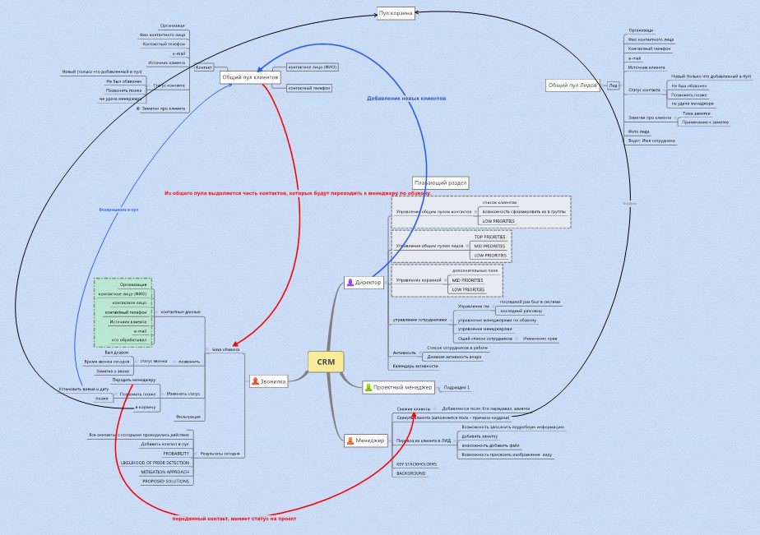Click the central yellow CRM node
326,361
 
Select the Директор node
364,282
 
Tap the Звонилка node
269,381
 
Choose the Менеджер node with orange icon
366,440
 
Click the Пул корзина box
395,13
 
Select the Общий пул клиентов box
245,77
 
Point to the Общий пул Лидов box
572,85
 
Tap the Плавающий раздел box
440,182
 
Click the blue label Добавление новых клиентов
406,99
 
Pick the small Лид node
613,85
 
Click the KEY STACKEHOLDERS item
416,464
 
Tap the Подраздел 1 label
456,387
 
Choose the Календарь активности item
415,366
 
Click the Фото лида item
639,131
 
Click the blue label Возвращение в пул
119,210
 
